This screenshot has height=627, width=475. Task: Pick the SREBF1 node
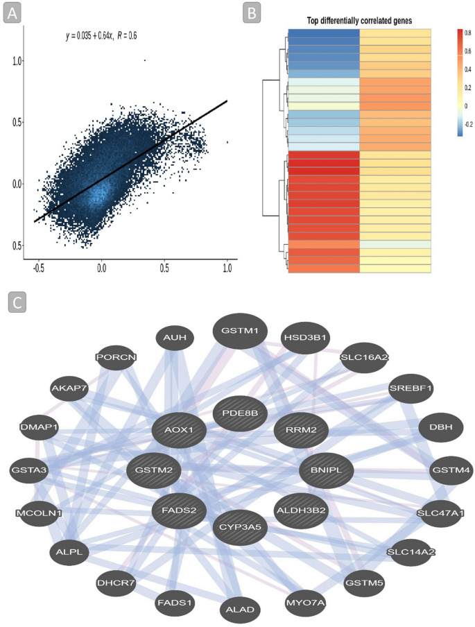pyautogui.click(x=411, y=388)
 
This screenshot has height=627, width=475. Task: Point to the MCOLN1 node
pyautogui.click(x=39, y=513)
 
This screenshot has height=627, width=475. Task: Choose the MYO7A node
pyautogui.click(x=306, y=602)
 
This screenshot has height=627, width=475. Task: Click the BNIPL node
pyautogui.click(x=326, y=470)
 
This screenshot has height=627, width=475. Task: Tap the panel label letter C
pyautogui.click(x=17, y=302)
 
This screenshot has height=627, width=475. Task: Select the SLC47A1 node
pyautogui.click(x=440, y=513)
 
